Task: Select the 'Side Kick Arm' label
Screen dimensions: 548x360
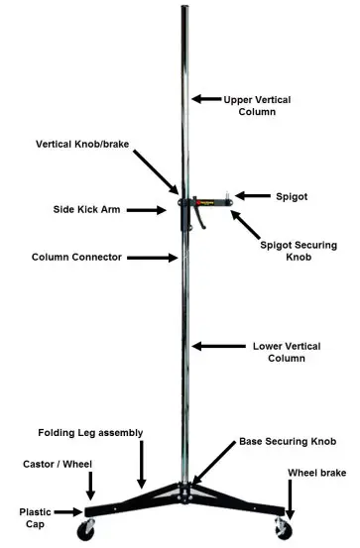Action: [86, 210]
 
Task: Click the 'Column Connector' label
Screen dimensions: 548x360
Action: [76, 258]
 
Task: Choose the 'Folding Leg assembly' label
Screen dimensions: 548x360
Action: [91, 433]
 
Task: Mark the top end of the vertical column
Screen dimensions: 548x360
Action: [184, 8]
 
